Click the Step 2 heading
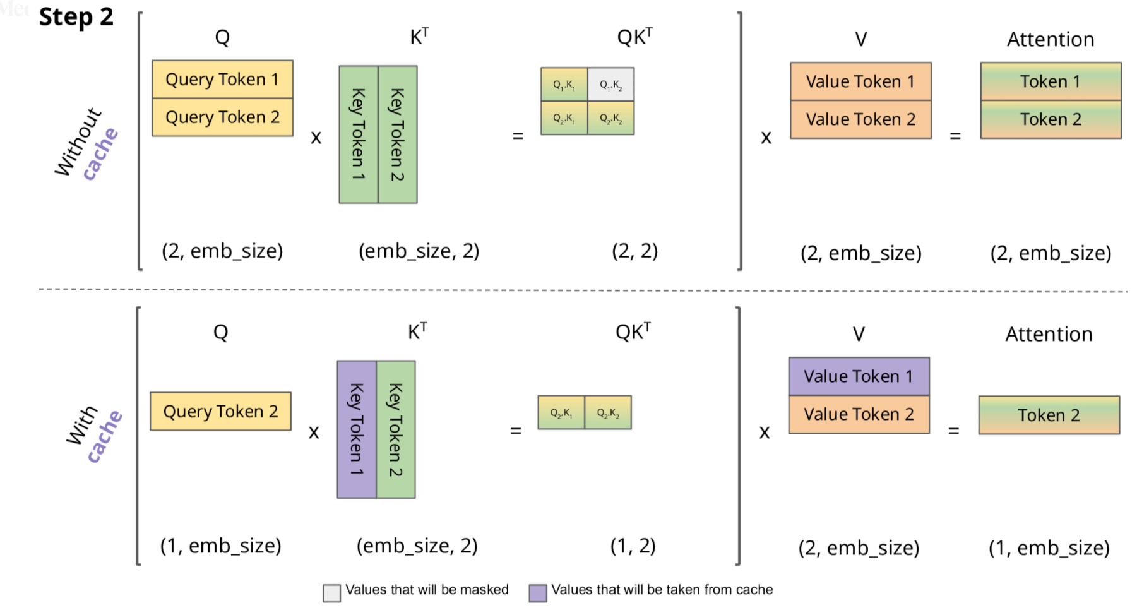click(76, 17)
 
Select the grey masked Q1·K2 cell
click(610, 85)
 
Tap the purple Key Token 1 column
click(357, 429)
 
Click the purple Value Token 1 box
click(859, 376)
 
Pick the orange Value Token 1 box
click(860, 81)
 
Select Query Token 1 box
click(222, 80)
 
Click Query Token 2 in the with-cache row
click(220, 412)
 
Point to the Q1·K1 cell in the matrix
click(564, 85)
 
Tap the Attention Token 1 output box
click(1051, 81)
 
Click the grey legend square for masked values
click(331, 592)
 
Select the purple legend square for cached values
click(538, 592)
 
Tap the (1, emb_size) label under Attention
click(1049, 547)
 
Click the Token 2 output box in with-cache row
click(1049, 415)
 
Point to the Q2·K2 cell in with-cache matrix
click(608, 413)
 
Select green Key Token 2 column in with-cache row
click(396, 429)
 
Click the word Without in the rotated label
click(78, 141)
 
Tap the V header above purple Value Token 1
click(859, 334)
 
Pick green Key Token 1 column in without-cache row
click(359, 134)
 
